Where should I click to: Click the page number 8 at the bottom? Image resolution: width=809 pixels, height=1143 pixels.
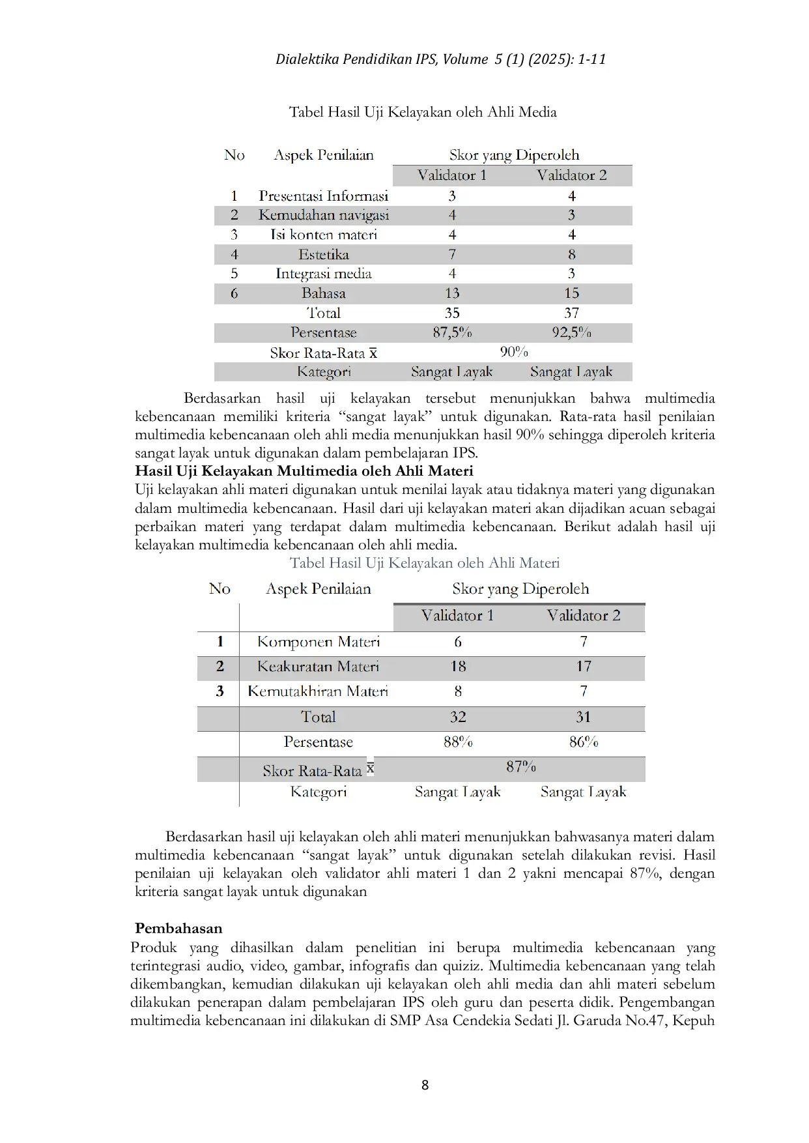pos(425,1085)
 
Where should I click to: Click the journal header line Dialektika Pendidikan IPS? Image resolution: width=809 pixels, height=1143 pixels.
pos(440,59)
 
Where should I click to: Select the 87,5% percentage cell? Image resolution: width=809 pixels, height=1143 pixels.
pos(452,332)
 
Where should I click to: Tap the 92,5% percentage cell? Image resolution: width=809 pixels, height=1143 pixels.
pos(571,332)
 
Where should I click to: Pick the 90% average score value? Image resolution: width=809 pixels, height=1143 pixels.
pos(513,352)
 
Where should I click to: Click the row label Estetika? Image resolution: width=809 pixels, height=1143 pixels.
pos(323,254)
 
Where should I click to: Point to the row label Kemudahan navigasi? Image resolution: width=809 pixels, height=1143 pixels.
pos(323,215)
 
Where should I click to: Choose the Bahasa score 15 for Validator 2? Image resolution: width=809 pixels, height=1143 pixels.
pos(571,293)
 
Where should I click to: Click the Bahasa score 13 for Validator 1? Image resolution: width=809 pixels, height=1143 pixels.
pos(452,293)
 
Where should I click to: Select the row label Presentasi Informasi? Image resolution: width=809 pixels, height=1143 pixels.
pos(323,195)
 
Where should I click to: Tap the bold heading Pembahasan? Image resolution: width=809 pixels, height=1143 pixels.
pos(178,928)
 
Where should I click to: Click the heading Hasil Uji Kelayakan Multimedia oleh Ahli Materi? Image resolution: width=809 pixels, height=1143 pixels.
pos(304,470)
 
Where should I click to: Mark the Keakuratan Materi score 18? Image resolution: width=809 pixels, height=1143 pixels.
pos(458,666)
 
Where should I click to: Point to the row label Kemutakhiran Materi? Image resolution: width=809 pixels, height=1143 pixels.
pos(318,691)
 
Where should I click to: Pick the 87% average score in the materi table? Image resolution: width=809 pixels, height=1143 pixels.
pos(520,766)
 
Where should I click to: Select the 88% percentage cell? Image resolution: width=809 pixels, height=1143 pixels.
pos(458,742)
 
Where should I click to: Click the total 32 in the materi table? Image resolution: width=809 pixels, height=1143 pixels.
pos(458,717)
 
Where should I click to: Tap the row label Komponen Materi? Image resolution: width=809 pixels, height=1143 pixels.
pos(318,641)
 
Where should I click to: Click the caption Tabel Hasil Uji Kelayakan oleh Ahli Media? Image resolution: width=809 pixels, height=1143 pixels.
pos(423,112)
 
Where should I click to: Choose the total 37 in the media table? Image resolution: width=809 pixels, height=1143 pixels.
pos(571,313)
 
